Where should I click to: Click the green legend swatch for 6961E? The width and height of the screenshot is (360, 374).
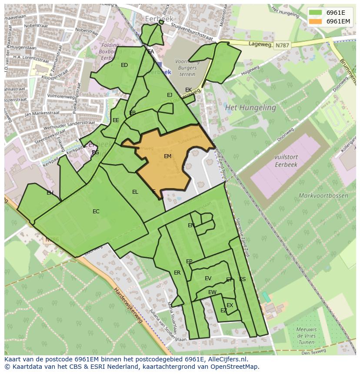(316, 13)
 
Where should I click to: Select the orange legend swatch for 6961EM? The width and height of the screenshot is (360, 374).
(316, 21)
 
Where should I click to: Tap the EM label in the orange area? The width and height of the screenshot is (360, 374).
(167, 156)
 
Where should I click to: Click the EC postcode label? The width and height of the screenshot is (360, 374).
(96, 212)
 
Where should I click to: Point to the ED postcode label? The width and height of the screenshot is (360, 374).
(124, 65)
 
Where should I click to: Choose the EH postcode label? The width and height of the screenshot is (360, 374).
(50, 193)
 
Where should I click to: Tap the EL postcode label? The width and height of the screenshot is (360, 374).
(135, 192)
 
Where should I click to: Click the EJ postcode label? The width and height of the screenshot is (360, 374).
(170, 95)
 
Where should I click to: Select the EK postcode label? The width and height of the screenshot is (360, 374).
(188, 90)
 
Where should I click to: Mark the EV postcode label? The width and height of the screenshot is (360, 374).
(208, 278)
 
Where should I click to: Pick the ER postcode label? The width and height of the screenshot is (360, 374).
(177, 273)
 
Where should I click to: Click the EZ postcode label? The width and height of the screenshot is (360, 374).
(223, 311)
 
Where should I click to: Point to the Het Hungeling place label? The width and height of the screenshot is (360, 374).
(250, 107)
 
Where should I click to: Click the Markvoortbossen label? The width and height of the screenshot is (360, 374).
(323, 195)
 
